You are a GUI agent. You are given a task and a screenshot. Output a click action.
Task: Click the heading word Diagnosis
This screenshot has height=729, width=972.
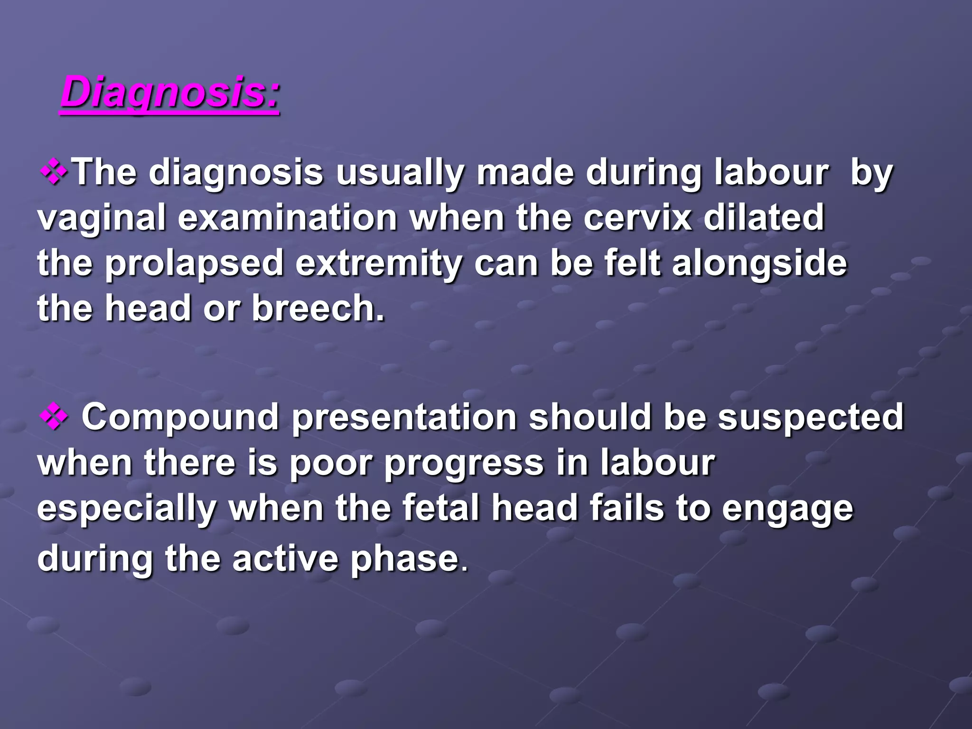click(170, 93)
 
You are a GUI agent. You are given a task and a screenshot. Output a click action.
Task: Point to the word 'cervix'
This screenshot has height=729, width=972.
click(637, 217)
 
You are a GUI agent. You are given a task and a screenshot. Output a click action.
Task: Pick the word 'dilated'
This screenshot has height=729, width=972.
click(764, 217)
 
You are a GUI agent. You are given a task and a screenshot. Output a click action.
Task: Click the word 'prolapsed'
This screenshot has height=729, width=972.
click(194, 264)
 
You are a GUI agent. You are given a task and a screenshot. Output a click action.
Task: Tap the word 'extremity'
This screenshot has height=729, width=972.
click(378, 264)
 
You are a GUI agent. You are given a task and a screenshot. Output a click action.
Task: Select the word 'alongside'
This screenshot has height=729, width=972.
click(759, 264)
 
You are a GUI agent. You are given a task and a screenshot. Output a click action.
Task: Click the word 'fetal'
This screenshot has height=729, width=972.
click(441, 508)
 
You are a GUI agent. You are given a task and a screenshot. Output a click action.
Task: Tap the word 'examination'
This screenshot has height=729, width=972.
click(287, 217)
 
